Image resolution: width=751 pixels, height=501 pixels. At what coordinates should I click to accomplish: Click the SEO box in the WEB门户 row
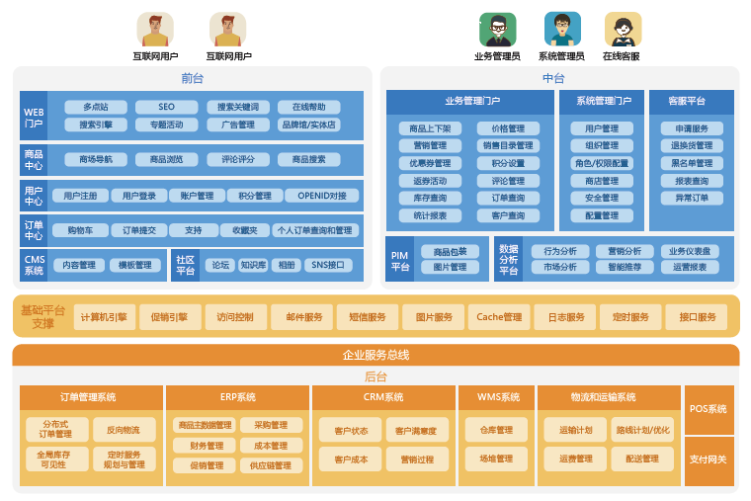[166, 107]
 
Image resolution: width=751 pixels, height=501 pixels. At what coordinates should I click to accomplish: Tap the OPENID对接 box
[323, 196]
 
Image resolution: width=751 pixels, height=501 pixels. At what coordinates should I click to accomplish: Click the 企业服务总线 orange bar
[375, 355]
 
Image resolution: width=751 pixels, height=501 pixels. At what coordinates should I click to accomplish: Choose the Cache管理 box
[499, 317]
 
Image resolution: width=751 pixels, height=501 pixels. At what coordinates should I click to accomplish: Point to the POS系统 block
[709, 409]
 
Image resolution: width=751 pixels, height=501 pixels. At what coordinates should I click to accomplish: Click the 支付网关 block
[709, 459]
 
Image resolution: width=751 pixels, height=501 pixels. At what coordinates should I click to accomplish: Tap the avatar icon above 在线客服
[623, 30]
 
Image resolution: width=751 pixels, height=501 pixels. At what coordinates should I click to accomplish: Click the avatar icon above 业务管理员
[497, 30]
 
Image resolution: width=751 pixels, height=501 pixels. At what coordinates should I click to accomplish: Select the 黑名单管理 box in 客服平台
[692, 163]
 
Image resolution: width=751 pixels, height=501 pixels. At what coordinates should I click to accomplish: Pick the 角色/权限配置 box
[602, 163]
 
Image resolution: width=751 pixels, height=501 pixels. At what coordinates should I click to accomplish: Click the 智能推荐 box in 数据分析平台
[625, 267]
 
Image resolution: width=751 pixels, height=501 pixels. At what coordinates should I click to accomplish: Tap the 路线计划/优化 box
[642, 430]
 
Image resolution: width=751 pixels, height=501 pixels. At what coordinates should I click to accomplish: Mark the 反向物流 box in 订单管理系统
[125, 430]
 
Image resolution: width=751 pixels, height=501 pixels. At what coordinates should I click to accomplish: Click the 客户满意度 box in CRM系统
[416, 431]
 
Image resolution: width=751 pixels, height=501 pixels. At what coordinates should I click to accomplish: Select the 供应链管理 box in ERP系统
[270, 465]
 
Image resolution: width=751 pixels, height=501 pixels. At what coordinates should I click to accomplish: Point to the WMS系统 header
[498, 397]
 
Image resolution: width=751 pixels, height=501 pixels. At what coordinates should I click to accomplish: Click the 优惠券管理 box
[430, 163]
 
